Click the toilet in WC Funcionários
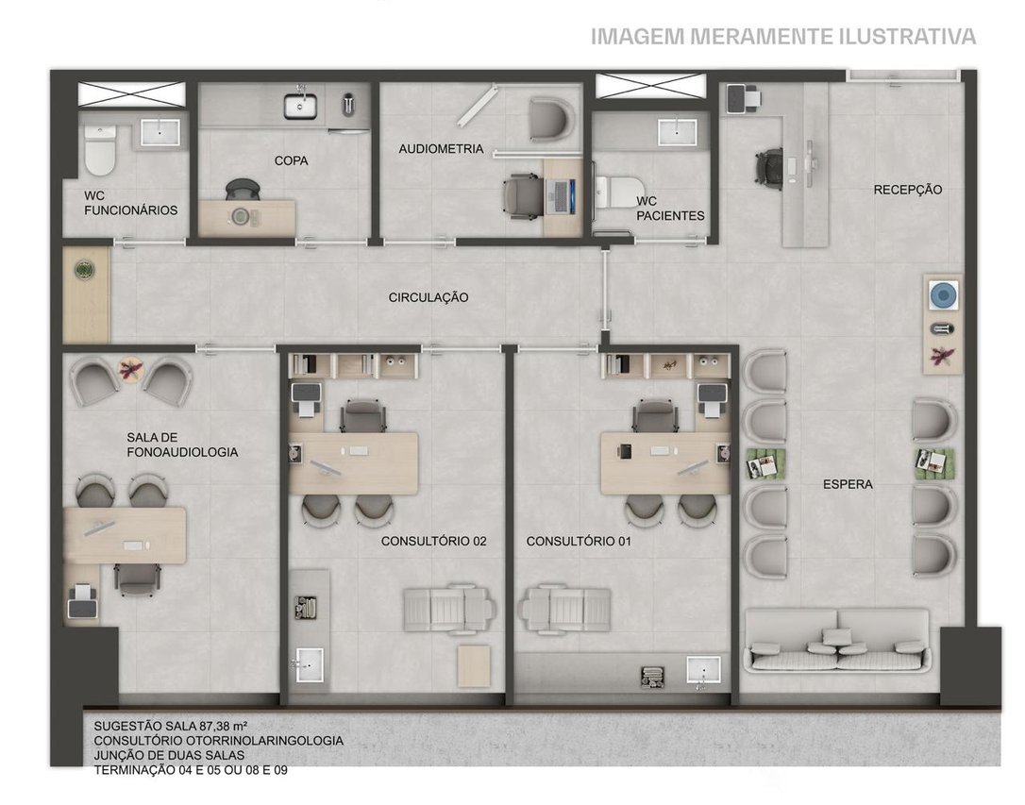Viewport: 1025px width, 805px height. pos(100,150)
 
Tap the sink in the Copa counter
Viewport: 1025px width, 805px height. pos(300,106)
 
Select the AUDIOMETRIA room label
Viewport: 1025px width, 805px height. pos(442,149)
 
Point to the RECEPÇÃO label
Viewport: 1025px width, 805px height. pos(908,190)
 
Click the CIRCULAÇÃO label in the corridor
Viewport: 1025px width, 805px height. pos(428,297)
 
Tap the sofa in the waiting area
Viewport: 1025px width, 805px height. pos(837,640)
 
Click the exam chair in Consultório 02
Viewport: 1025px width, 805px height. pos(447,609)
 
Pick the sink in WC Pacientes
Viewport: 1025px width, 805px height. pos(678,132)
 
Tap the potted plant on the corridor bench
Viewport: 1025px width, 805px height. pos(84,269)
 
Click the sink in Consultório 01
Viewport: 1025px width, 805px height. pos(703,673)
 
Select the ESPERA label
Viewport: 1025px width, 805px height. pos(848,484)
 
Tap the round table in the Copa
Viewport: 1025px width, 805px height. pos(241,216)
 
